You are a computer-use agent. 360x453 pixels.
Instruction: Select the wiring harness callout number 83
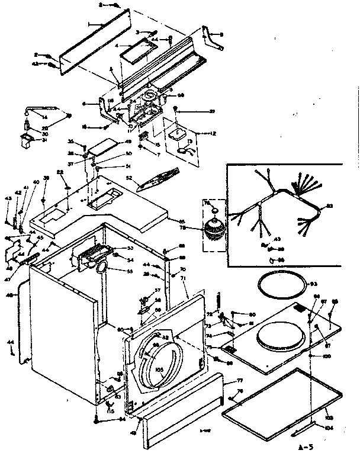coord(330,206)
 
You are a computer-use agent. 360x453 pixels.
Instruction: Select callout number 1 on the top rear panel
coord(90,25)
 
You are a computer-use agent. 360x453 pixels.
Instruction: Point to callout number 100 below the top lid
coord(326,355)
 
